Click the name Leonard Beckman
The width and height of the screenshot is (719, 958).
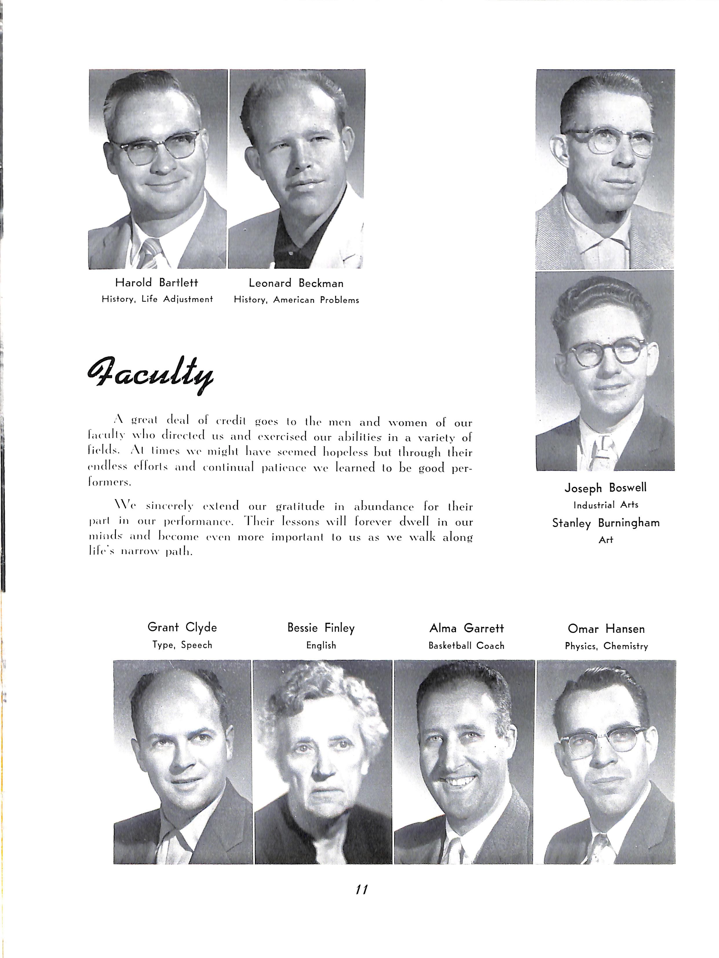[x=296, y=283]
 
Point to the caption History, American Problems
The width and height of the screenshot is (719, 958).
[x=296, y=300]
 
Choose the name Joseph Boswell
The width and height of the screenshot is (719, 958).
[x=605, y=488]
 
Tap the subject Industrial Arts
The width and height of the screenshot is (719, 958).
[x=605, y=505]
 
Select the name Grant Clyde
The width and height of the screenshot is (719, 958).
[x=182, y=627]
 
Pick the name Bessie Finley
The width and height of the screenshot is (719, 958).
[x=321, y=628]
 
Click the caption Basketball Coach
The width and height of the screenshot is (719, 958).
[x=466, y=646]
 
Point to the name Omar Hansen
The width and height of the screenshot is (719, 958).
[x=606, y=628]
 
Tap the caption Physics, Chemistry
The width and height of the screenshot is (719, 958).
[x=606, y=646]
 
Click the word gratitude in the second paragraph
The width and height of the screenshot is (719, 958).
[x=300, y=506]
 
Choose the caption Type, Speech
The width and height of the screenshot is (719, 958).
[x=182, y=645]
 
